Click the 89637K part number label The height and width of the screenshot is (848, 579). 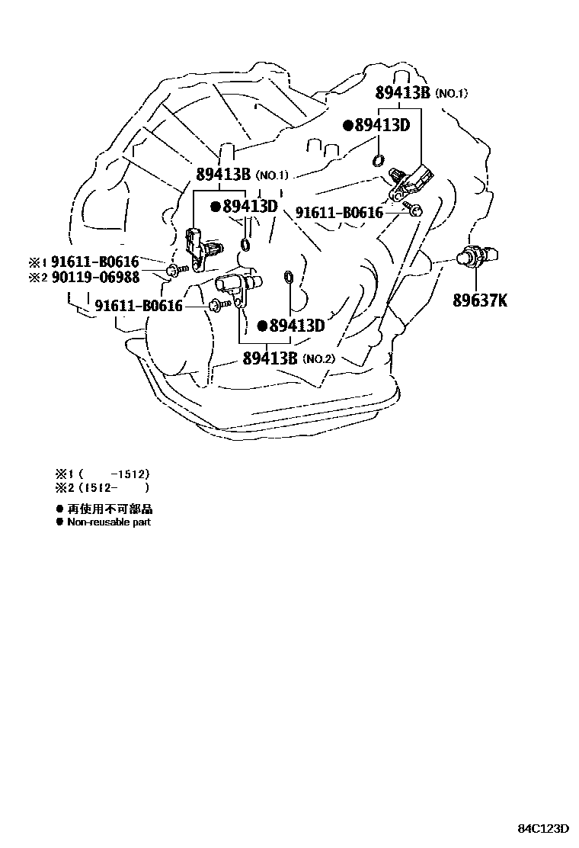point(480,300)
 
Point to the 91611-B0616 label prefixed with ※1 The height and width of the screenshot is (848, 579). point(94,262)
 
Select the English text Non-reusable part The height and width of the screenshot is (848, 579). point(109,522)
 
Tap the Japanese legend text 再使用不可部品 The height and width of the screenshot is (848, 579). point(110,509)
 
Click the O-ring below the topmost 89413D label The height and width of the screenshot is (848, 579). point(378,160)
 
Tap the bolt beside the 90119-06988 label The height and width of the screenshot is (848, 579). point(173,270)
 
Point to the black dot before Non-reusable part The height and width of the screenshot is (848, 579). point(59,522)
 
